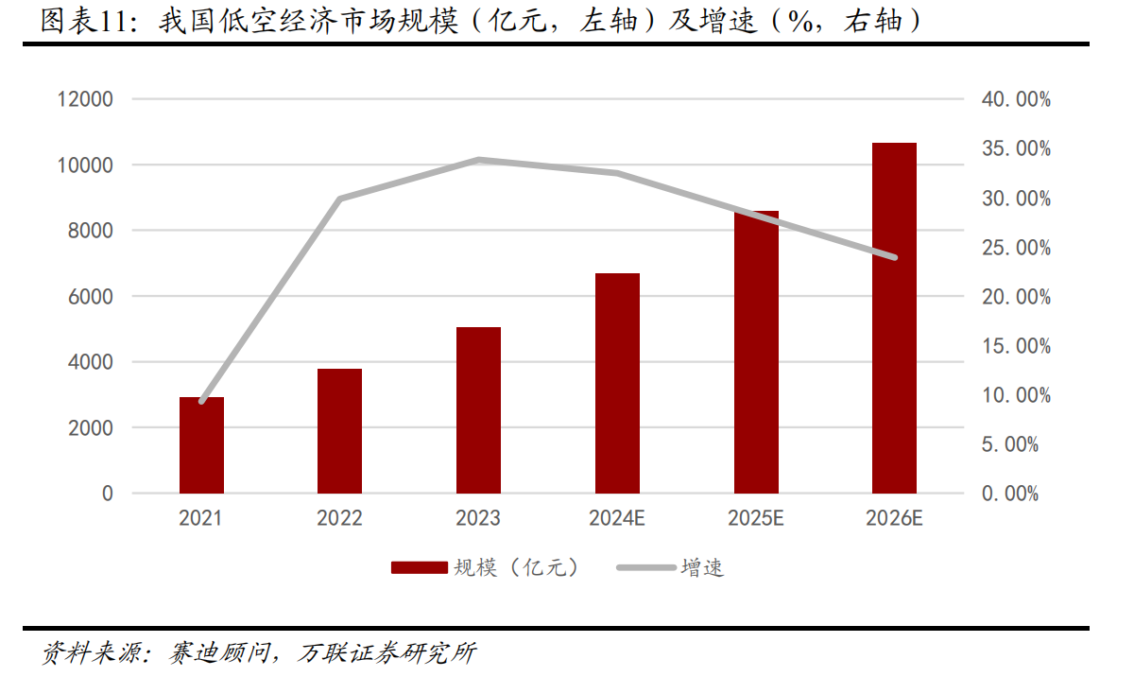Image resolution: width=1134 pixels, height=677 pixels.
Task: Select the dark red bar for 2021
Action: pyautogui.click(x=201, y=445)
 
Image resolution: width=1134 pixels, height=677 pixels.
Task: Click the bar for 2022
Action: pyautogui.click(x=339, y=431)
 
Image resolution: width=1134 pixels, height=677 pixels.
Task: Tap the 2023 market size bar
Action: pyautogui.click(x=478, y=410)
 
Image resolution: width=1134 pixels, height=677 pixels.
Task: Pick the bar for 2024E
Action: pyautogui.click(x=617, y=383)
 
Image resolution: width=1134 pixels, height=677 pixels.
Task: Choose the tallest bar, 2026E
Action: pyautogui.click(x=894, y=318)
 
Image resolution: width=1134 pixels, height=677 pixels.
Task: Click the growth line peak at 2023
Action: pyautogui.click(x=479, y=161)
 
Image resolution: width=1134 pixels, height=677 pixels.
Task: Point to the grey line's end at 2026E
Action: pyautogui.click(x=894, y=257)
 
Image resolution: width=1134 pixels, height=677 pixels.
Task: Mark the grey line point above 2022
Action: pyautogui.click(x=339, y=199)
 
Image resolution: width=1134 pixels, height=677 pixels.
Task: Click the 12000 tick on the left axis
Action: pyautogui.click(x=85, y=99)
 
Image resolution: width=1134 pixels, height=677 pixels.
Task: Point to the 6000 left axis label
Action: pyautogui.click(x=91, y=296)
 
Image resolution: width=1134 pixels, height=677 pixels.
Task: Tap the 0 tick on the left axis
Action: pyautogui.click(x=107, y=494)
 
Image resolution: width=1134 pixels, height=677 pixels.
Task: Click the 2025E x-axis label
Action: pyautogui.click(x=755, y=518)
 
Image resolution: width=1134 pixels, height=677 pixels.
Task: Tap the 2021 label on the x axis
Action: pyautogui.click(x=201, y=518)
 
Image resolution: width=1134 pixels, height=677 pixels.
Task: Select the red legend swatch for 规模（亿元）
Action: pyautogui.click(x=419, y=567)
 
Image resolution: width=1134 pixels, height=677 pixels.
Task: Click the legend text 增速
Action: pyautogui.click(x=702, y=567)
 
